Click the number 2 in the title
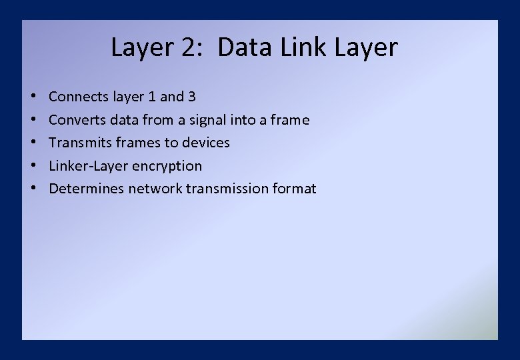[196, 48]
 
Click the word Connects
[78, 97]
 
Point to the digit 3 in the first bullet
[192, 97]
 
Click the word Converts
[76, 120]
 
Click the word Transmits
[79, 143]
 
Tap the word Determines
[87, 189]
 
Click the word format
[294, 189]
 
